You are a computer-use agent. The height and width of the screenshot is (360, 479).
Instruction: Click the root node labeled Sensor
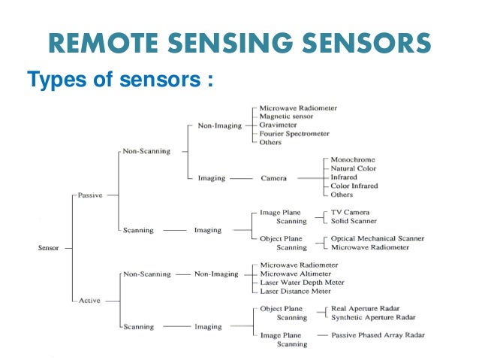click(x=49, y=247)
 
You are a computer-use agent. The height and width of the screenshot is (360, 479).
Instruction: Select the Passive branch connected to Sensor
click(x=90, y=195)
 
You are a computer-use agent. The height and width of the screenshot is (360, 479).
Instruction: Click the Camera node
click(x=274, y=178)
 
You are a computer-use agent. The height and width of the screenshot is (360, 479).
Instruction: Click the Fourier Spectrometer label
click(x=294, y=134)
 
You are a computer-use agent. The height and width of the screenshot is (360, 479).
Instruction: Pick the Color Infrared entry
click(x=354, y=186)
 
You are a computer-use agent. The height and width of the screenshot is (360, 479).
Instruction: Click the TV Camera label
click(x=351, y=213)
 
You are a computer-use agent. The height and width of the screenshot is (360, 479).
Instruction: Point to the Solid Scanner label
click(x=354, y=221)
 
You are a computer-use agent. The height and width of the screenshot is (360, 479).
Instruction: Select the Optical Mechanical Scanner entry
click(x=378, y=239)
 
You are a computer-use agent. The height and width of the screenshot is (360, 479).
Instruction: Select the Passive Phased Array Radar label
click(x=379, y=334)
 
